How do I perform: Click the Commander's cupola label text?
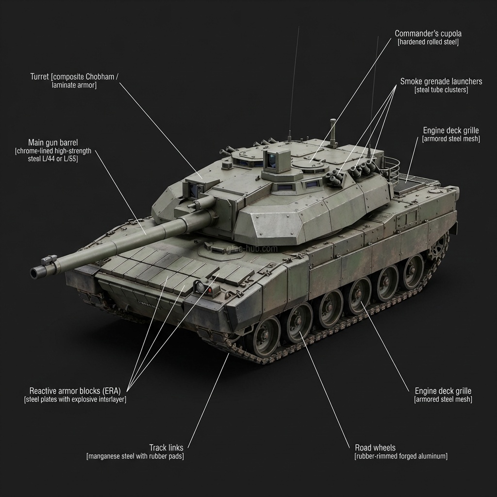tap(428, 33)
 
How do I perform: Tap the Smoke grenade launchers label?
tap(441, 82)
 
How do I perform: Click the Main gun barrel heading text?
tap(53, 142)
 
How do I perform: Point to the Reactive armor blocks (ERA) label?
tap(75, 391)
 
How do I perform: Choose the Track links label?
tap(166, 447)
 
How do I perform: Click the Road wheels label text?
tap(375, 447)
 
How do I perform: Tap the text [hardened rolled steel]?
tap(428, 42)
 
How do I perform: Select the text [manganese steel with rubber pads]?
tap(135, 456)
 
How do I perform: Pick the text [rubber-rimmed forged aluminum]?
tap(401, 456)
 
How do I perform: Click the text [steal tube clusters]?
tap(441, 90)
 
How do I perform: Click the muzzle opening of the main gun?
tap(33, 272)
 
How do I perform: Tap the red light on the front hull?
tap(210, 290)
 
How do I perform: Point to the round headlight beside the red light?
tap(200, 286)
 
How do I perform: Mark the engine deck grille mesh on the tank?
tap(411, 183)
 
